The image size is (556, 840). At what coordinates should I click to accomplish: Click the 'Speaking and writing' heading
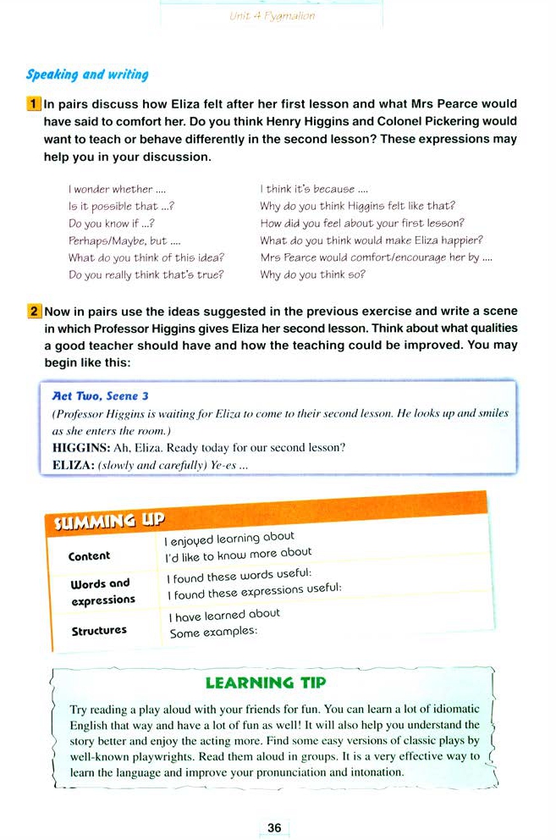point(87,75)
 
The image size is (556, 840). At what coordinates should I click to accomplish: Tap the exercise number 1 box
point(35,104)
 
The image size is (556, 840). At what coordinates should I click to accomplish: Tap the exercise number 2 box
point(35,311)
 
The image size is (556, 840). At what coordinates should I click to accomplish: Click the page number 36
point(273,828)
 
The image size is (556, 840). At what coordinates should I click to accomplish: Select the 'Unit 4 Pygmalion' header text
point(272,16)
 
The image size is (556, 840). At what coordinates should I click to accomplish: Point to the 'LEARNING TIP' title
point(266,682)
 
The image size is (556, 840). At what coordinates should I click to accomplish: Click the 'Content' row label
point(89,556)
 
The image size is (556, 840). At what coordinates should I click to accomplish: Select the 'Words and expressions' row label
point(102,591)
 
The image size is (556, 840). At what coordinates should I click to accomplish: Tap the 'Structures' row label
point(99,631)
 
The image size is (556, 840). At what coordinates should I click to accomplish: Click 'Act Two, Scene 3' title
point(101,395)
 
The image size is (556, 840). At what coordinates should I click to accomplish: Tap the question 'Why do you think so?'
point(312,274)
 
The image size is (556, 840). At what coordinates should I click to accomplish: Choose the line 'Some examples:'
point(213,633)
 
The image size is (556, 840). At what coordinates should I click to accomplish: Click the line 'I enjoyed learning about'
point(230,538)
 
